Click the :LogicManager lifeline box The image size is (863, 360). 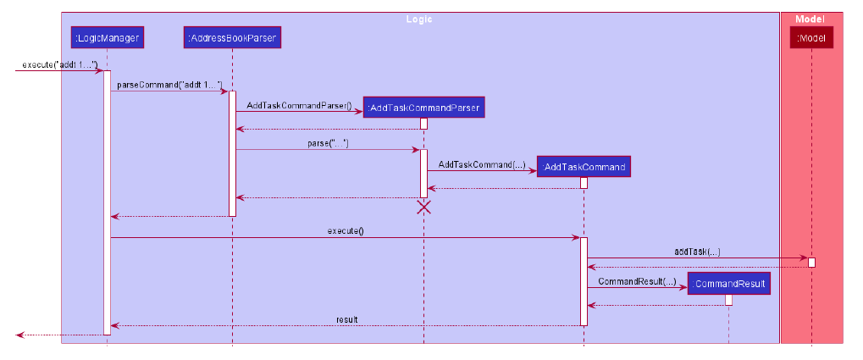107,37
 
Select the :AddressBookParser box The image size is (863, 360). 232,37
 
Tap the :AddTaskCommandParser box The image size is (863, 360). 424,108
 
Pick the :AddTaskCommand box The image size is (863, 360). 584,167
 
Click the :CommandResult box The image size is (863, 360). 728,284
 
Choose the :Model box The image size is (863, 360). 811,37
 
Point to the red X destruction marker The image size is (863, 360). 424,207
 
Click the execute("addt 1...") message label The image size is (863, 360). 59,65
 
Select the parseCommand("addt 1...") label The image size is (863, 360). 175,85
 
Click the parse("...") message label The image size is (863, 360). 328,144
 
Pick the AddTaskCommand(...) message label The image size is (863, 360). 481,164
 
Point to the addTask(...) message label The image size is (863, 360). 697,252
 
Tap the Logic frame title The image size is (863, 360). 419,18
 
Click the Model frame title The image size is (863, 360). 810,18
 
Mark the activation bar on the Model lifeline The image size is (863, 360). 811,263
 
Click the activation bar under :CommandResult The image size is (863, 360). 728,300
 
